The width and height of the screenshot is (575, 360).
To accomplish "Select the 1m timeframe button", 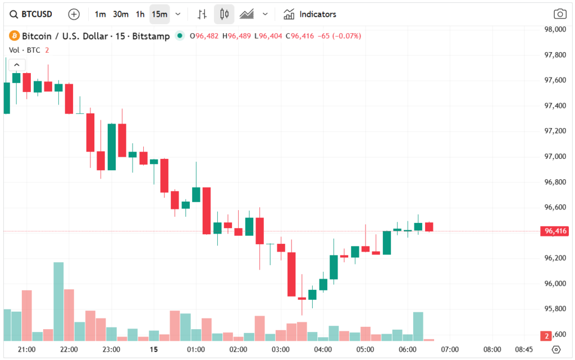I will (100, 14).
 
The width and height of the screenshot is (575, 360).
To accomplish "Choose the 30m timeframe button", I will (120, 14).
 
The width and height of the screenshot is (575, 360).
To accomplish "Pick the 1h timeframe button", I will (140, 14).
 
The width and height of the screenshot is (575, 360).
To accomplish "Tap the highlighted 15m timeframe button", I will (159, 14).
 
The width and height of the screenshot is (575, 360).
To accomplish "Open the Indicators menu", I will (310, 14).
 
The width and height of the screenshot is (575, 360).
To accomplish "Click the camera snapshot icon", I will (559, 14).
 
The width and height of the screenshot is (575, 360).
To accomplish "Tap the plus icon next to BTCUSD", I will (74, 14).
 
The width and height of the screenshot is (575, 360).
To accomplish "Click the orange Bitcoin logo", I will (14, 37).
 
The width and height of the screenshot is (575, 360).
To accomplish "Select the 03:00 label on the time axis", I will (281, 349).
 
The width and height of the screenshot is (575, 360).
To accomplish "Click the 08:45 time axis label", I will (524, 349).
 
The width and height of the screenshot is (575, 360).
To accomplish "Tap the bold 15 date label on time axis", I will (154, 349).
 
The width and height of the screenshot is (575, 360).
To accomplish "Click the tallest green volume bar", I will (58, 301).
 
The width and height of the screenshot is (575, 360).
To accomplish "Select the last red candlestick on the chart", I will (429, 226).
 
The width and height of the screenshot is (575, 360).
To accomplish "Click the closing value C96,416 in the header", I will (299, 37).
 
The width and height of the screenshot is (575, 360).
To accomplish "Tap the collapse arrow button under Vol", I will (16, 65).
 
